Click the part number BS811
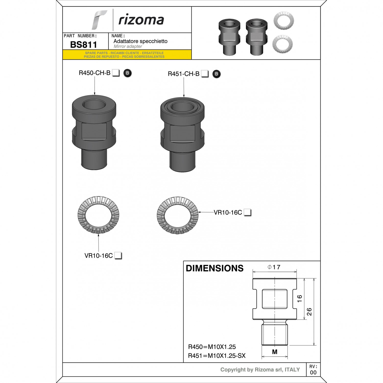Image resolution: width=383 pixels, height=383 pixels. pos(83,45)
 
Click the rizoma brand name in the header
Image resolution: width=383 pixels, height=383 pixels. pos(141,20)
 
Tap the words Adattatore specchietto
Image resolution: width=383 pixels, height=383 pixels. pos(140,41)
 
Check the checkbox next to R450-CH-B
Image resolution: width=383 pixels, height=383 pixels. pos(116,73)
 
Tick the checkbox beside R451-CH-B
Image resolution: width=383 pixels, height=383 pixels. pos(205,74)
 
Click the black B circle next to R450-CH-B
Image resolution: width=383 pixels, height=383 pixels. pos(127,73)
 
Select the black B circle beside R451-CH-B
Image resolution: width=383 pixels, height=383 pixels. pos(216,74)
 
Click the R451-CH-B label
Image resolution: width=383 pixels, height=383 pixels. pos(184,74)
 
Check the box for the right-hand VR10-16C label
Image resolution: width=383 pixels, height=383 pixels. pos(247,212)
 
